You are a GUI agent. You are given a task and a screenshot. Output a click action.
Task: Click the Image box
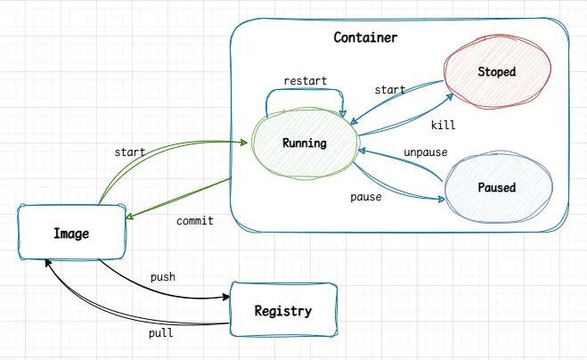click(71, 233)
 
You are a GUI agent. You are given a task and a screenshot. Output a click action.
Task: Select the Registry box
click(282, 311)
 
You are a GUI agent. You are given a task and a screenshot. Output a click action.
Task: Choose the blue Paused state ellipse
click(496, 188)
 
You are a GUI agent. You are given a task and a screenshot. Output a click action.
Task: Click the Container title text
click(365, 37)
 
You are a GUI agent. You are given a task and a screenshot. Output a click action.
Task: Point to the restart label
click(305, 81)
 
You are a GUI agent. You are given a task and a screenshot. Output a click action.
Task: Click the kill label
click(443, 125)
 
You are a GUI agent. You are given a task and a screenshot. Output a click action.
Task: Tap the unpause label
click(425, 151)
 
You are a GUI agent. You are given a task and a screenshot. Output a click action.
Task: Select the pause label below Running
click(365, 196)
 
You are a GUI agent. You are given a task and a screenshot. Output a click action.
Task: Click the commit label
click(194, 220)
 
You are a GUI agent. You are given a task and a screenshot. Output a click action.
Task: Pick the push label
click(163, 277)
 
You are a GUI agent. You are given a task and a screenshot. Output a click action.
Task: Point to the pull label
click(160, 333)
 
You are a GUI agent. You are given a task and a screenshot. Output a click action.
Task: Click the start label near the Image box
click(130, 152)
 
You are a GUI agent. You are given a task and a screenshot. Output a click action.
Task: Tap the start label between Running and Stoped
click(389, 90)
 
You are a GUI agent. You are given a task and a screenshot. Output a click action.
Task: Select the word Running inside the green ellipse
click(304, 143)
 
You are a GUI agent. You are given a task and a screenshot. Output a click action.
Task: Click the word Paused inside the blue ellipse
click(496, 188)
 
